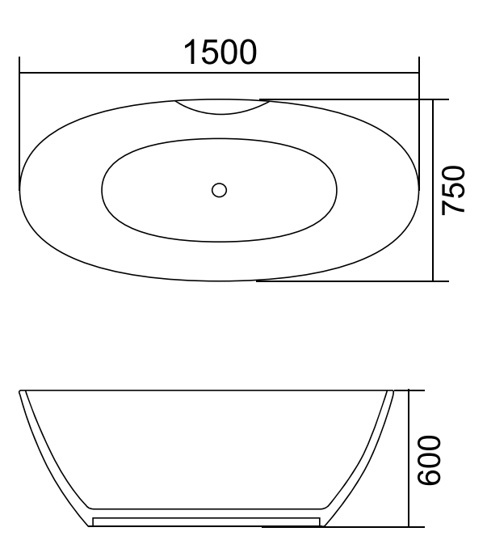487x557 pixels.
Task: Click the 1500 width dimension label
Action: [220, 53]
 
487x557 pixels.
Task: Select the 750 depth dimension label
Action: [456, 189]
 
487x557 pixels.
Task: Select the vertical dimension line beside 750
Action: [434, 234]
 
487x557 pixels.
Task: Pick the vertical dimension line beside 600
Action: [409, 485]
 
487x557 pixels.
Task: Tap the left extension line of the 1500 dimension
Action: [19, 121]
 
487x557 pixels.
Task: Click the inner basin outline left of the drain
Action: [103, 191]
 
